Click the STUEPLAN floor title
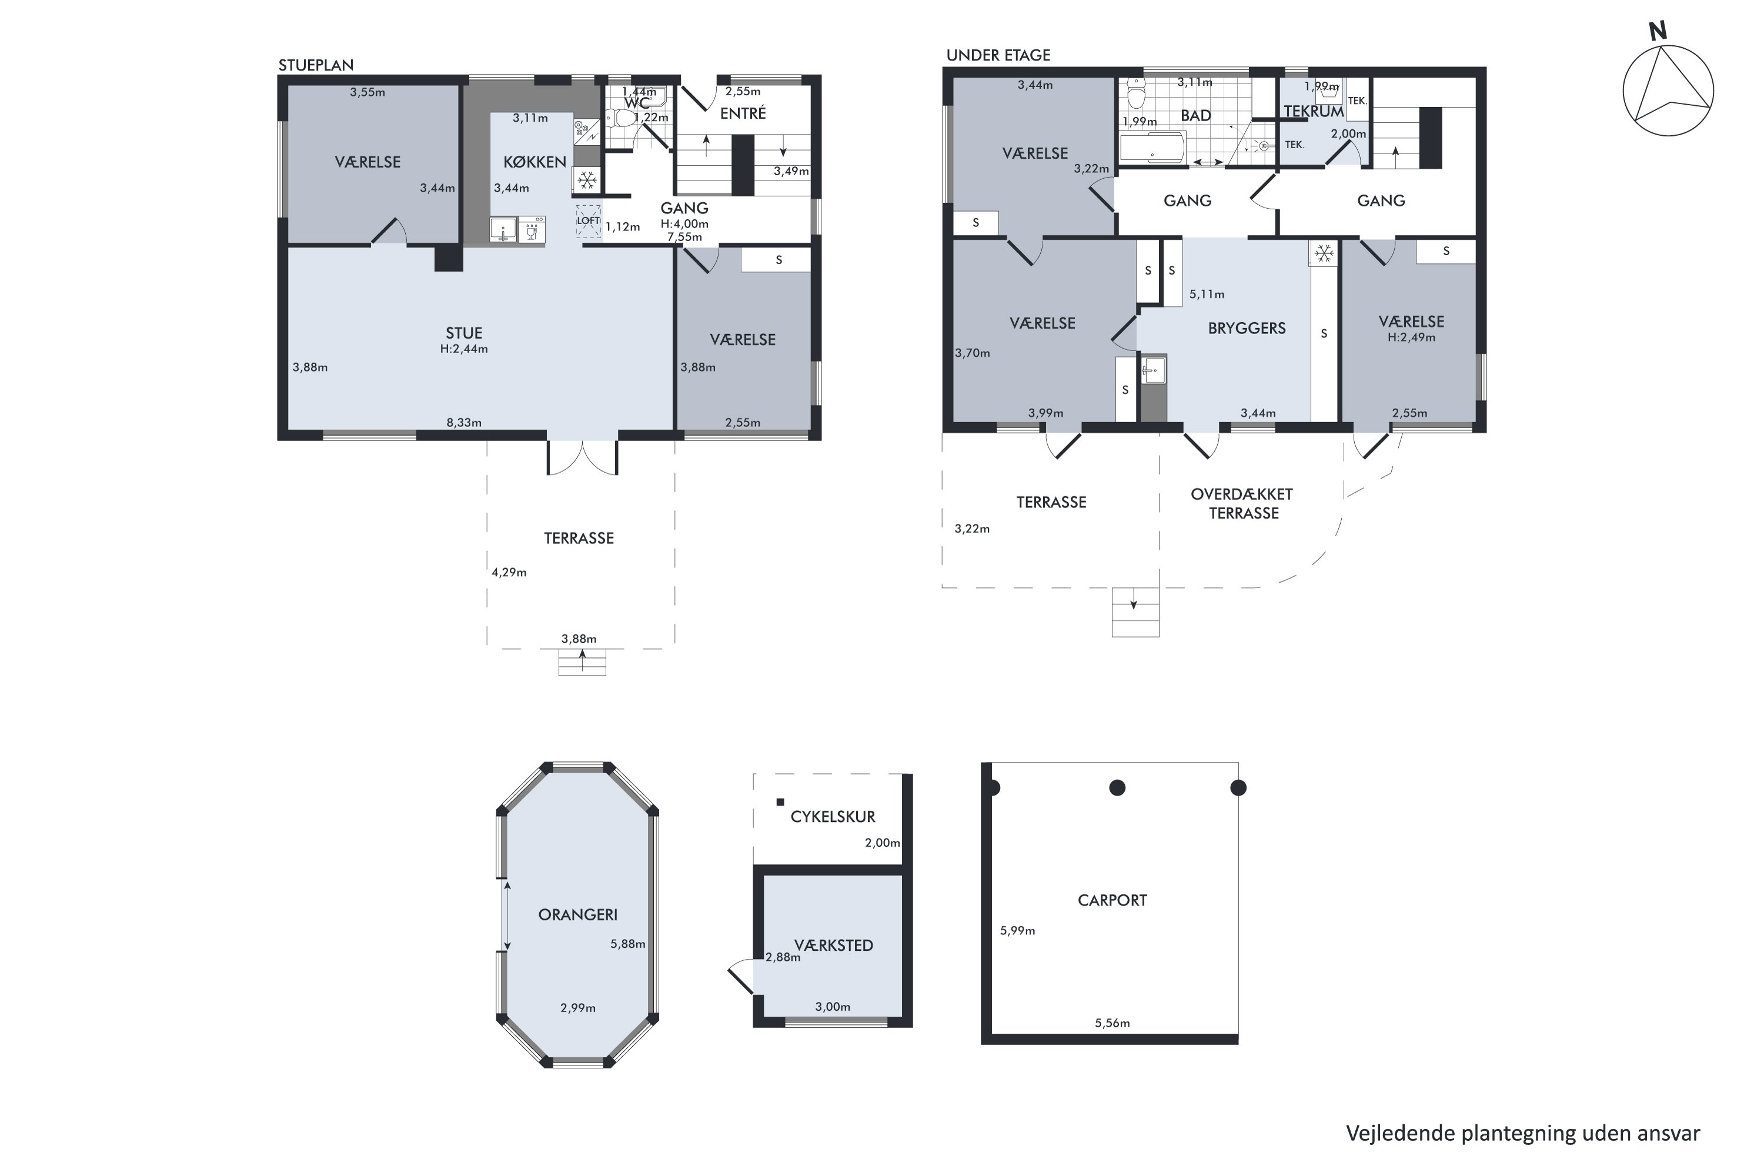316,65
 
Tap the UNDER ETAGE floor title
998,55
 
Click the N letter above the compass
1658,31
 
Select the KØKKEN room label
534,162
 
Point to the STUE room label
465,333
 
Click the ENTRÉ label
743,113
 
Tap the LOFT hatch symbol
589,221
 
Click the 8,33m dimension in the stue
465,422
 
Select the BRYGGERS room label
1247,328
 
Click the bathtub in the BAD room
1152,147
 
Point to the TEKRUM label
1313,112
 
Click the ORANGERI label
577,914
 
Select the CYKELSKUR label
833,817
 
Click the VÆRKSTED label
833,945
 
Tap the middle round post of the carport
1117,787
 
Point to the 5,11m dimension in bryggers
1207,294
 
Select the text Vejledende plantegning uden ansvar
1522,1133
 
